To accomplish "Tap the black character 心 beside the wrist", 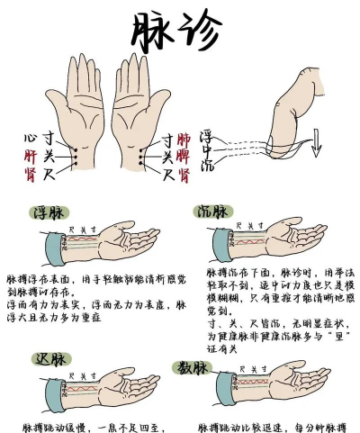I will click(30, 140).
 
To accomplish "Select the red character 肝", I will click(30, 155).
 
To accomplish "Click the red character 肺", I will click(184, 140).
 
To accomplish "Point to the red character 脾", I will click(184, 155).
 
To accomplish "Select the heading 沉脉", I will click(212, 212).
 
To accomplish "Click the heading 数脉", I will click(192, 370).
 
